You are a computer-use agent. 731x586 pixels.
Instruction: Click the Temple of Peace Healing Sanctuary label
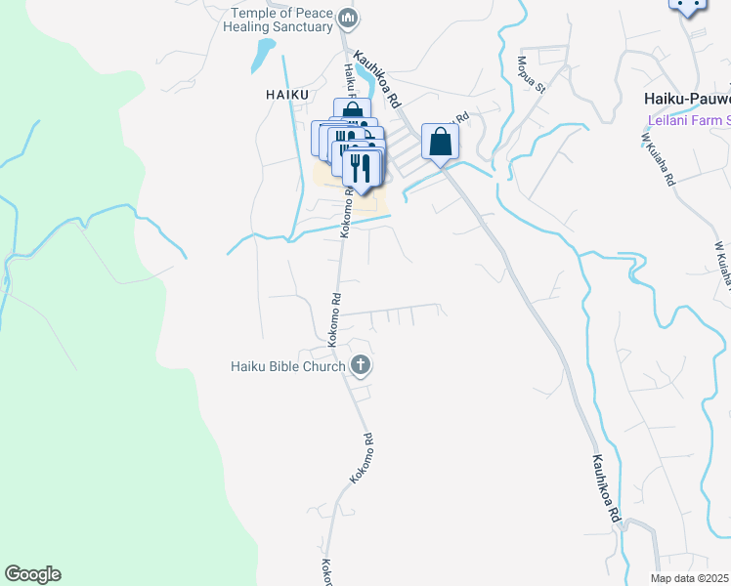pos(281,20)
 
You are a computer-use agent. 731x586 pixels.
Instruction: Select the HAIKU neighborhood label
pos(286,94)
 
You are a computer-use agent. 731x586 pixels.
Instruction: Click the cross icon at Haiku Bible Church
pos(361,366)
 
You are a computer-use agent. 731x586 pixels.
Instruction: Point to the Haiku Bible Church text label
pos(287,366)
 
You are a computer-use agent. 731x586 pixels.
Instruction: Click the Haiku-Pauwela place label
pos(687,98)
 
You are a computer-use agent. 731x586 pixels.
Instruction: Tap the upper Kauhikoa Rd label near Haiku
pos(378,80)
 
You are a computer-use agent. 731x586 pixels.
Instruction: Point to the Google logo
pos(32,574)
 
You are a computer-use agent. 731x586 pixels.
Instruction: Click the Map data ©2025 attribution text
pos(690,578)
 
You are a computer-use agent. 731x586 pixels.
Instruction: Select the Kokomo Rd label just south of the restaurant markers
pos(345,213)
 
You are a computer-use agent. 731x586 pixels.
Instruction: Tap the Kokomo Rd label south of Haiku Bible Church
pos(363,459)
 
